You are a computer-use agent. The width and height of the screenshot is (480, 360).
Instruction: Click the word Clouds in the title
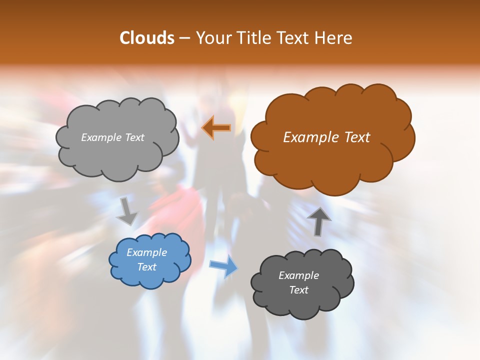146,38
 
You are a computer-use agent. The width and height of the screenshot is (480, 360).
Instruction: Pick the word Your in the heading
212,38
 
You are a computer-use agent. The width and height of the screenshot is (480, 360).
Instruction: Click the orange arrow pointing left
216,127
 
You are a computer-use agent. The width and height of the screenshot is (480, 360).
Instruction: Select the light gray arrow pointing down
127,211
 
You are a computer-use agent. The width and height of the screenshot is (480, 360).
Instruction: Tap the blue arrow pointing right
223,266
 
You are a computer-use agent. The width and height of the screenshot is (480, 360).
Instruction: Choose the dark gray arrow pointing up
318,220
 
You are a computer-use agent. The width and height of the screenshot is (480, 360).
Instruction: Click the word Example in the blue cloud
146,252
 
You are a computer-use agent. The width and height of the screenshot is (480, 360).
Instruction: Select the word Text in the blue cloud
146,267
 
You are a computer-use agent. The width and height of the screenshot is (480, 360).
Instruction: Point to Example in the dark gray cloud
298,275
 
